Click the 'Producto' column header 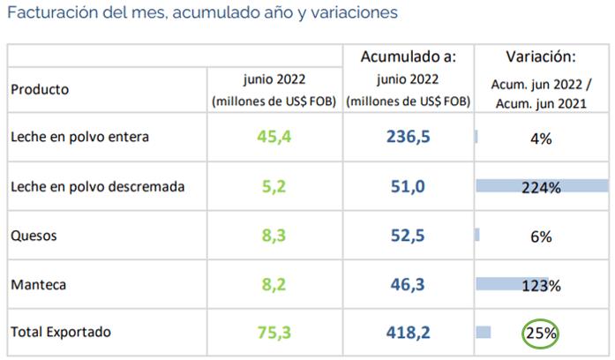pos(40,90)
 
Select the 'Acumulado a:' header pos(409,57)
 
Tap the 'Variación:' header pos(541,57)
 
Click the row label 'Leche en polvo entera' pos(79,138)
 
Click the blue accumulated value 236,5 pos(409,137)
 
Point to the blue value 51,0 pos(409,186)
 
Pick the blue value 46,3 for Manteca pos(409,285)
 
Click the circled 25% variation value pos(541,334)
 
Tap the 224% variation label pos(541,187)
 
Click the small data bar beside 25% pos(483,333)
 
